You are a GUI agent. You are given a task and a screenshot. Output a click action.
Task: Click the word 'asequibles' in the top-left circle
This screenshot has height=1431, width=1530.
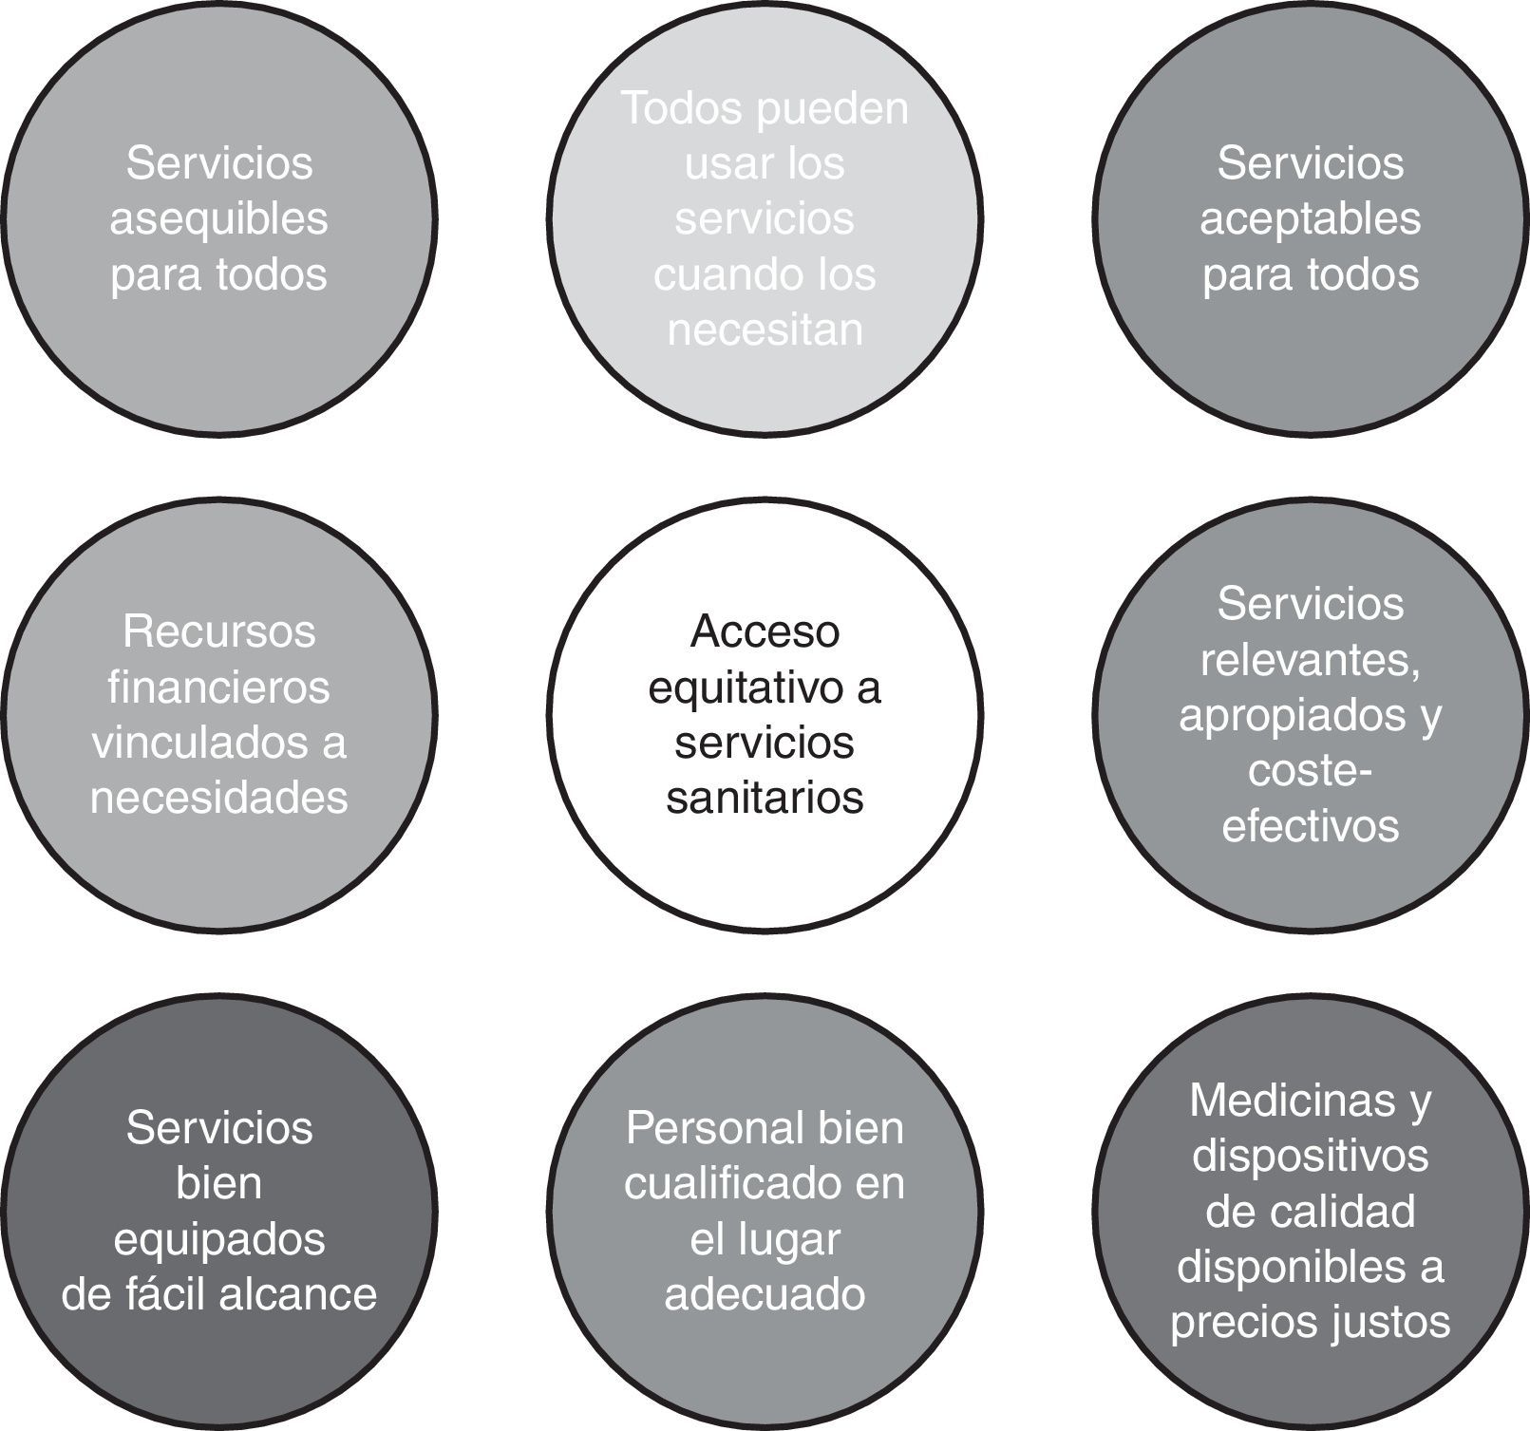tap(218, 219)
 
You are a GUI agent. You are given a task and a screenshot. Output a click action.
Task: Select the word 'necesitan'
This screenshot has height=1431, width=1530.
tap(765, 330)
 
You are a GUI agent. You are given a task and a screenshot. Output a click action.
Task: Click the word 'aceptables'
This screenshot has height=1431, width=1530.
tap(1310, 219)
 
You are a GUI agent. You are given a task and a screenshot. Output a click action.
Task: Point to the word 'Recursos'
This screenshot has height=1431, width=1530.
tap(218, 631)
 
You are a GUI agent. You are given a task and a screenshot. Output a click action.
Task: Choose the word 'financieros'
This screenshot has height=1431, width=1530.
tap(218, 687)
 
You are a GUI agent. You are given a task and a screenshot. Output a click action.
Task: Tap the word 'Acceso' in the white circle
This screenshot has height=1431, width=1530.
tap(765, 631)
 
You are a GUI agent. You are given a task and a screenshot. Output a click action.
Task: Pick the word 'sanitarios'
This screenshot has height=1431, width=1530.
tap(765, 797)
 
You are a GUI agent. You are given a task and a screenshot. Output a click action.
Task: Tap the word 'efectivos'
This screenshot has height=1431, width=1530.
tap(1310, 824)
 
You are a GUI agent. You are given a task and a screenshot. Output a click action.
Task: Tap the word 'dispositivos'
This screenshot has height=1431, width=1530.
tap(1310, 1156)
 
